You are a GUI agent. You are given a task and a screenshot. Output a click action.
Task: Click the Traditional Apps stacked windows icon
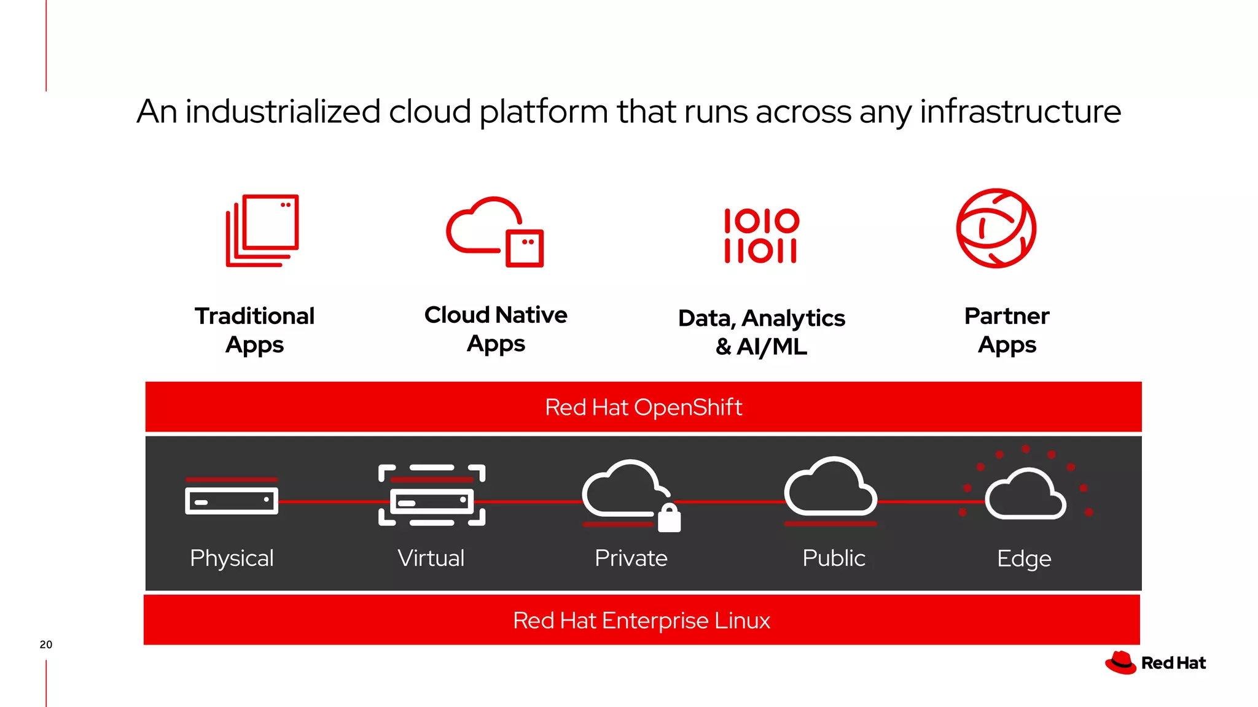[x=262, y=230]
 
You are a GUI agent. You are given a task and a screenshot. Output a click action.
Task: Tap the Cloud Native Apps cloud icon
[x=495, y=231]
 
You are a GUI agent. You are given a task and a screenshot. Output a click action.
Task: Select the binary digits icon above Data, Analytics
[x=761, y=236]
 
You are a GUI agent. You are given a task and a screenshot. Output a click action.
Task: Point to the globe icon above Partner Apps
[x=996, y=228]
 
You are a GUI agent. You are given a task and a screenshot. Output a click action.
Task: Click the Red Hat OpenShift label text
[x=643, y=408]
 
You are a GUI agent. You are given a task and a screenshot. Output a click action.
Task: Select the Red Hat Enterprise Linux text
[x=641, y=620]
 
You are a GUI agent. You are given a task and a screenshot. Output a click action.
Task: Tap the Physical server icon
[x=232, y=500]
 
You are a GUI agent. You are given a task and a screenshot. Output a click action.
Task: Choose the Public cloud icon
[x=830, y=489]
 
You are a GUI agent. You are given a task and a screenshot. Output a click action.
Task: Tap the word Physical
[x=232, y=558]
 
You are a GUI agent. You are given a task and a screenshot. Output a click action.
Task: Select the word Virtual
[x=431, y=558]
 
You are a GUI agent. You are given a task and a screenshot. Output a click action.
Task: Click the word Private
[x=631, y=558]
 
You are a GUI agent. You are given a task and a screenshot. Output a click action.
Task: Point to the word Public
[x=834, y=558]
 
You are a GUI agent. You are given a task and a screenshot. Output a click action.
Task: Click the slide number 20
[x=46, y=644]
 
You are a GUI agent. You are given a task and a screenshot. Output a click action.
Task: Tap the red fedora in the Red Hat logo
[x=1120, y=663]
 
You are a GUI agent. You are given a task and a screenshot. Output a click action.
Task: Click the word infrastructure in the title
[x=1020, y=112]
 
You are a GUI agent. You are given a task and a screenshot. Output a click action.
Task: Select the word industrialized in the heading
[x=283, y=112]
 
